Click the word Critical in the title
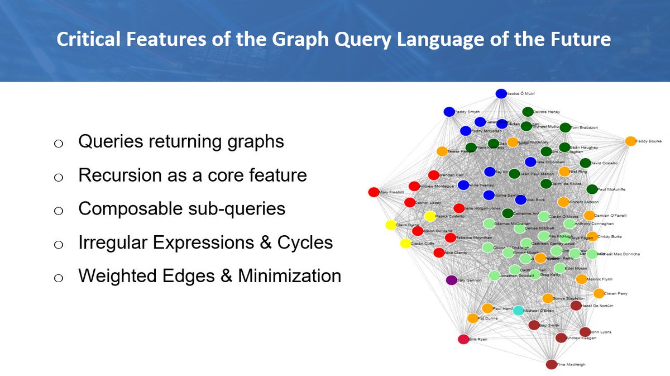click(85, 40)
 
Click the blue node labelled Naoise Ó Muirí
click(501, 94)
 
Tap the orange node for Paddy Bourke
click(630, 141)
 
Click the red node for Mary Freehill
click(374, 192)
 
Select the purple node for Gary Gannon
click(451, 280)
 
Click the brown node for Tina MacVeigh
click(551, 364)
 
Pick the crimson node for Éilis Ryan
click(463, 339)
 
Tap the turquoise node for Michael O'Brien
click(518, 310)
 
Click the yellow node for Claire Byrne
click(390, 225)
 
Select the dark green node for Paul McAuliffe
click(592, 189)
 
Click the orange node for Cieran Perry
click(599, 293)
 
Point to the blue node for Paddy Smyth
click(448, 112)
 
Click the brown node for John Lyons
click(585, 332)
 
